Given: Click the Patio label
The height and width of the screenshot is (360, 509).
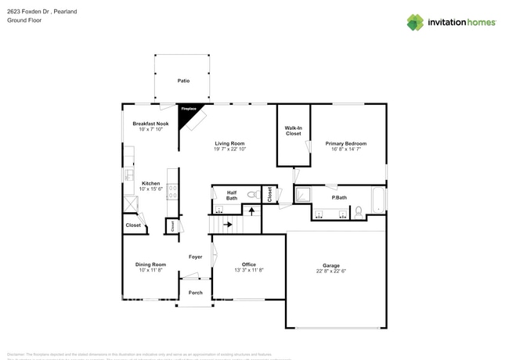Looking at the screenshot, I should click(183, 80).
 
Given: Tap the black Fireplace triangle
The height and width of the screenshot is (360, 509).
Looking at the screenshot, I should click(189, 111).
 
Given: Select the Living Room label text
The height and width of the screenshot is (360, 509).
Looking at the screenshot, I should click(229, 143).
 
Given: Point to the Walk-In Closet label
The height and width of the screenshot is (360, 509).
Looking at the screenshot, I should click(293, 131).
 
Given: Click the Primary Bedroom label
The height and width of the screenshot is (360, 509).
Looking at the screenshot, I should click(346, 143).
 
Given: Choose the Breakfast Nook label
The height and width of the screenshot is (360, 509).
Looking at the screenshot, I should click(150, 124).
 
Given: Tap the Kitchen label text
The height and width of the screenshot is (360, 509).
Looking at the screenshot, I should click(150, 183).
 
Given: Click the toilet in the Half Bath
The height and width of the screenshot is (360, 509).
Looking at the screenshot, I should click(251, 195).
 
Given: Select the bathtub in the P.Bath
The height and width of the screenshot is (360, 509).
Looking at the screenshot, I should click(378, 200).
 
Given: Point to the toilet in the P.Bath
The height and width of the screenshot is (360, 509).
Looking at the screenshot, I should click(357, 211).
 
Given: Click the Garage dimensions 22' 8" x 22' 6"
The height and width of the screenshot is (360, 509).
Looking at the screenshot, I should click(336, 271).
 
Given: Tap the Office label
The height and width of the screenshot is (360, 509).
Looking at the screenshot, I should click(249, 265).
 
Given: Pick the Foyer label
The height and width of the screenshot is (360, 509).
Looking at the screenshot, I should click(195, 257).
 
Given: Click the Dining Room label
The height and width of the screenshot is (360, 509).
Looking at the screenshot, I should click(150, 265).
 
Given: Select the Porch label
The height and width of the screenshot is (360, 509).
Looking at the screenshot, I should click(195, 293).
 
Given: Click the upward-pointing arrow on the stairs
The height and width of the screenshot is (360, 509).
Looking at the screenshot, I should click(251, 210).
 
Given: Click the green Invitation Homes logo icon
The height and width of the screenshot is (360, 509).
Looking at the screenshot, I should click(414, 22).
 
